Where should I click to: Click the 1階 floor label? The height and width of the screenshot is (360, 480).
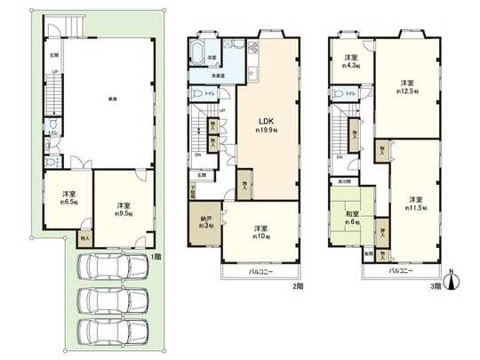(x=156, y=257)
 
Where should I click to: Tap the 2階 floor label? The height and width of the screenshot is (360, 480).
(x=299, y=286)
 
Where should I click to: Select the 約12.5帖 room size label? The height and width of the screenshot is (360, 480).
(x=408, y=91)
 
